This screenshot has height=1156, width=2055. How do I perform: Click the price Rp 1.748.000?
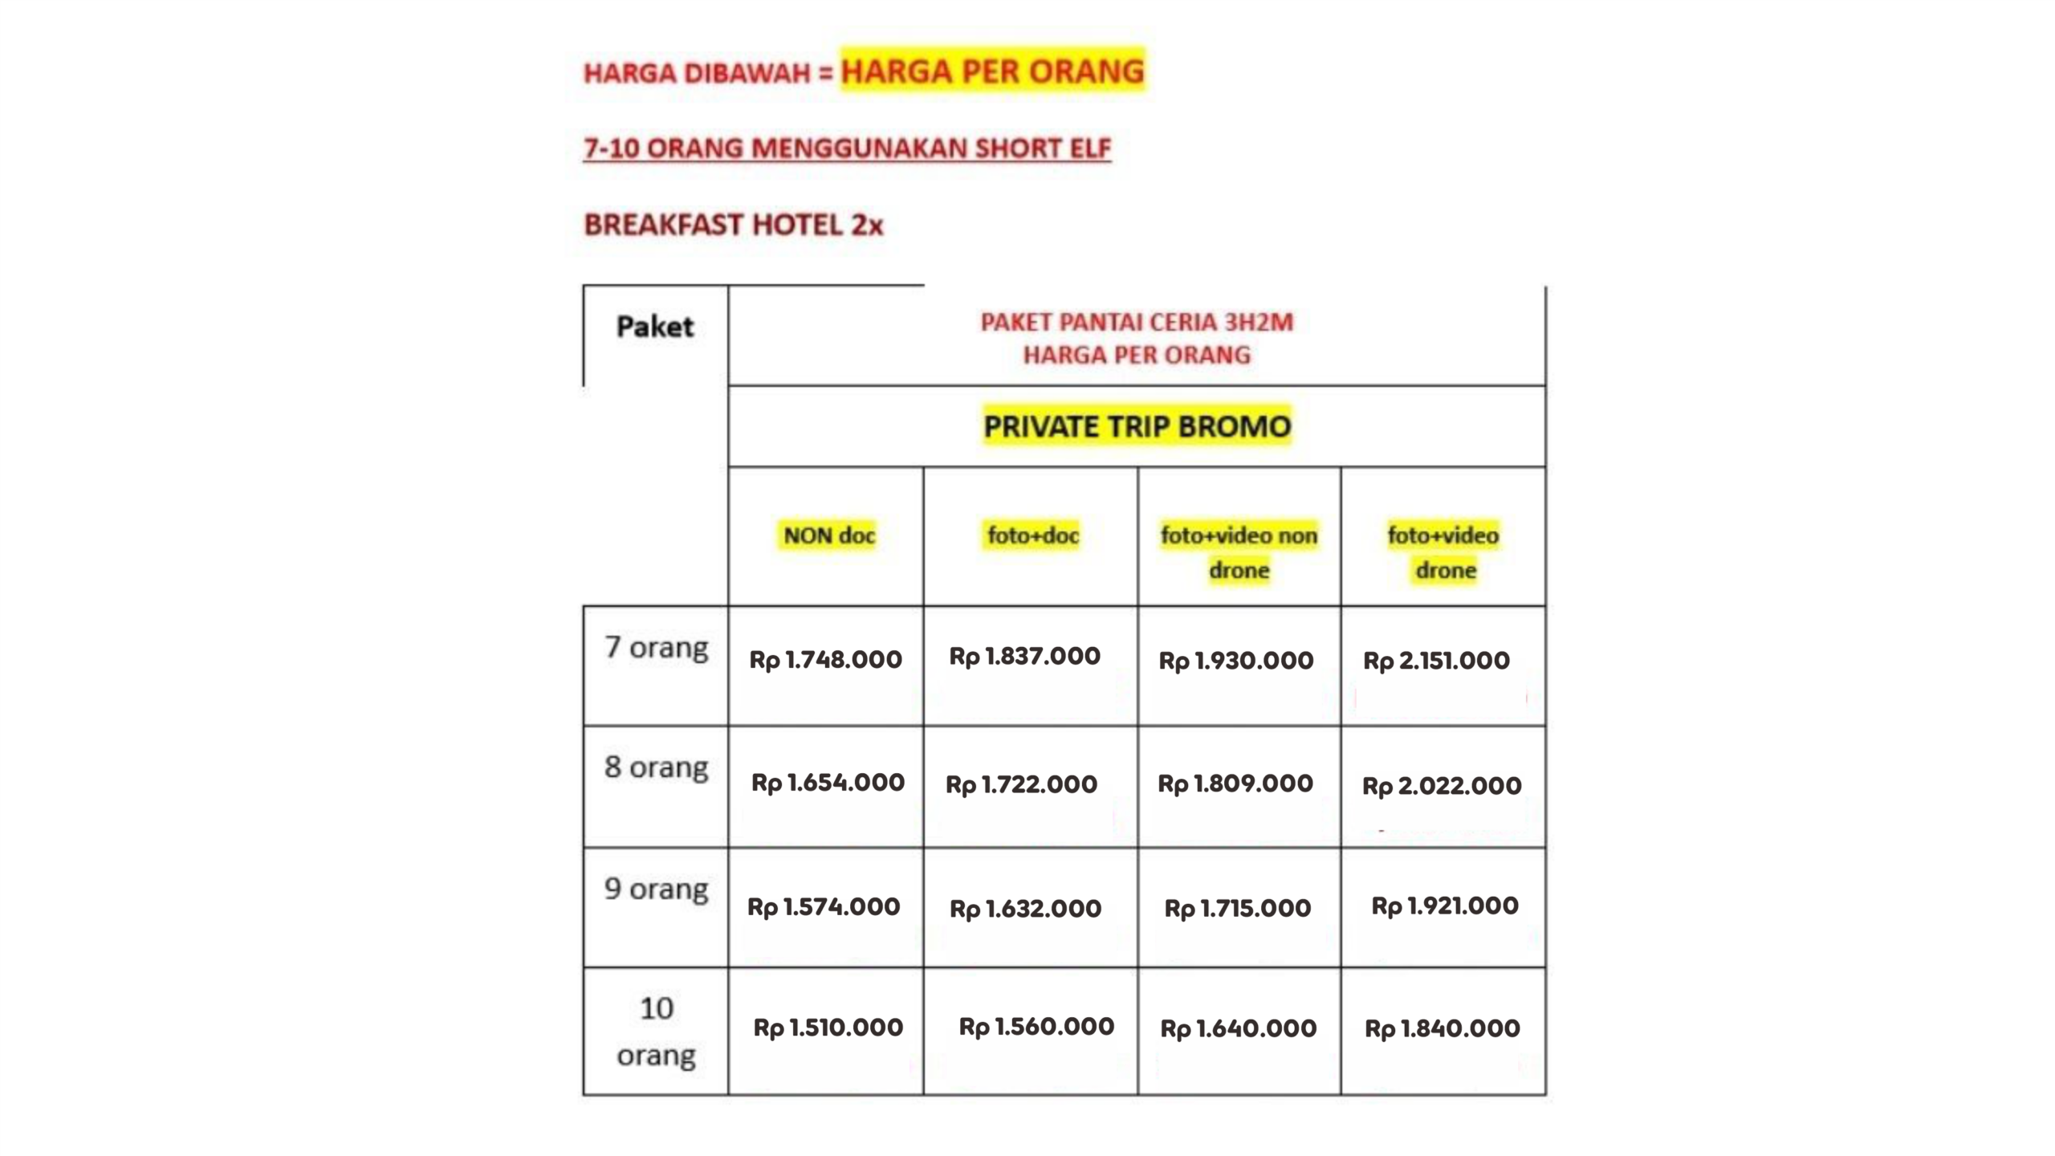click(x=825, y=660)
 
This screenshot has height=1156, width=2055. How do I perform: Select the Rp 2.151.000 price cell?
click(x=1436, y=661)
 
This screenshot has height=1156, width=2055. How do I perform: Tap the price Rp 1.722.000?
click(x=1021, y=784)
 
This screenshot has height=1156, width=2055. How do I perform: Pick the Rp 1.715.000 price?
click(x=1237, y=909)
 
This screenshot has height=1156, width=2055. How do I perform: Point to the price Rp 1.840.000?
click(x=1442, y=1028)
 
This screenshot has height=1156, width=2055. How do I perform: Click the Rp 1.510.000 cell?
click(x=828, y=1028)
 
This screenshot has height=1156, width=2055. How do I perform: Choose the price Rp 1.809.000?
click(x=1235, y=784)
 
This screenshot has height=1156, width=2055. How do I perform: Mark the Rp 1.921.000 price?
click(x=1444, y=906)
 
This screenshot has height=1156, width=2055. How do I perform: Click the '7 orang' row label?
click(x=656, y=647)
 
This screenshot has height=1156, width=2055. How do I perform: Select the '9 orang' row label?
click(x=656, y=889)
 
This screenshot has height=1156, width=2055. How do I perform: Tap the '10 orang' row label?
click(x=656, y=1032)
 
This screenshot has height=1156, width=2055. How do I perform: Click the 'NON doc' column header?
click(x=828, y=535)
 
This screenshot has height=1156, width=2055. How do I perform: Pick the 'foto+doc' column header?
click(x=1032, y=535)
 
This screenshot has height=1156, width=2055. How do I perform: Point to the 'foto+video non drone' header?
click(x=1239, y=552)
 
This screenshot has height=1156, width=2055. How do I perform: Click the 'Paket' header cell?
click(x=655, y=327)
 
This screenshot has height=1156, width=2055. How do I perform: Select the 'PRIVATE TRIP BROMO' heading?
click(x=1137, y=426)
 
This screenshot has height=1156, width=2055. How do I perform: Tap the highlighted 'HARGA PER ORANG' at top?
click(x=992, y=71)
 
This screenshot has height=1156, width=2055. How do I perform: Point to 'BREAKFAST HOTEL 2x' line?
click(x=733, y=225)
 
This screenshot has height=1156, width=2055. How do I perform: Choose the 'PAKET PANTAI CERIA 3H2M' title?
click(x=1137, y=322)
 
